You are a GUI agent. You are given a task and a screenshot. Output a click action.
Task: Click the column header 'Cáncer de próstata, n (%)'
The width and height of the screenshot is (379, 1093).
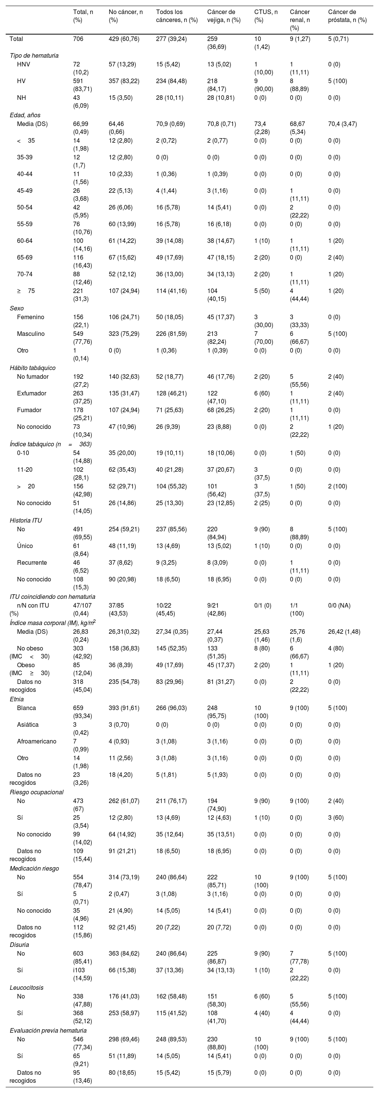[347, 16]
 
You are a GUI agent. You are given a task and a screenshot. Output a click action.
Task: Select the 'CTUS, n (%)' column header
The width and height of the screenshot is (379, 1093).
[266, 16]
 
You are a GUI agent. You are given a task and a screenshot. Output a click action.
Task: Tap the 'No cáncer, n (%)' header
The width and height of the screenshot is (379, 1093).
[125, 16]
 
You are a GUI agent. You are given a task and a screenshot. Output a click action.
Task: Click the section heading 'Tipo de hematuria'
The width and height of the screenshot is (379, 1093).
[34, 55]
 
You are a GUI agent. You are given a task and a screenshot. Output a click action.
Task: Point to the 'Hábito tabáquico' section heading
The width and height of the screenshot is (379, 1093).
[33, 368]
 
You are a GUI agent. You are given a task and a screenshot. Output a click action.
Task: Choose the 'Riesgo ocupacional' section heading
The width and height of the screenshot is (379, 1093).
[36, 792]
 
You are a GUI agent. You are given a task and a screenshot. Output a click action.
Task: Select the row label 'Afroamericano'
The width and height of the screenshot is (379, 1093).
[36, 741]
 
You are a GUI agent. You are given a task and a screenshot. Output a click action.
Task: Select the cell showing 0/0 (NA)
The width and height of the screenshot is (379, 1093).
[343, 605]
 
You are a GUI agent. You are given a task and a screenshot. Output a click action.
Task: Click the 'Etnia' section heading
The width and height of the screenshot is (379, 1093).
[17, 699]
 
